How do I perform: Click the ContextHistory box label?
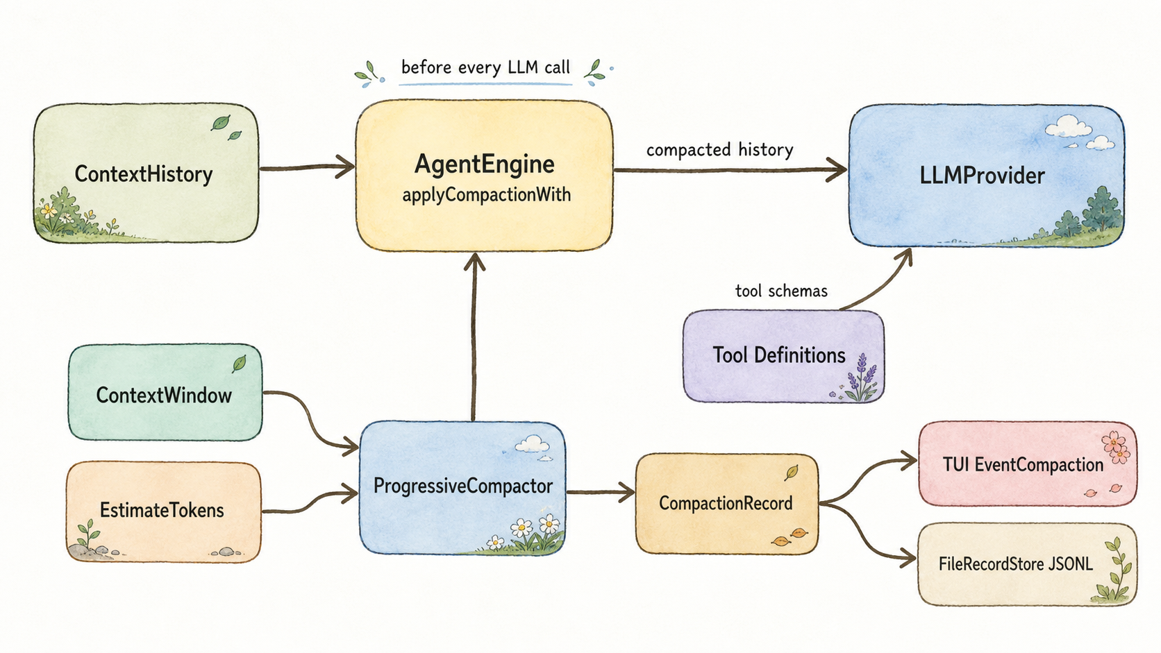pos(144,174)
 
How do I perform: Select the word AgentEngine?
pos(485,164)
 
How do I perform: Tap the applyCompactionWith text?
pos(486,195)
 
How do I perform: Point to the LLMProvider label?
pos(982,176)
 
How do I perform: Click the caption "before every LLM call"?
pos(485,68)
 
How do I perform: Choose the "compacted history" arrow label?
pos(719,150)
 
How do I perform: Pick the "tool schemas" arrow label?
pos(781,291)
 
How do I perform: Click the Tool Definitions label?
pos(779,355)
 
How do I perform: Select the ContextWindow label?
pos(164,396)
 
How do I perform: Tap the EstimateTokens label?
pos(162,511)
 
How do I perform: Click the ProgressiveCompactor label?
pos(463,486)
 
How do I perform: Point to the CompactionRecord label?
pos(726,503)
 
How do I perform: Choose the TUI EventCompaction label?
pos(1023,464)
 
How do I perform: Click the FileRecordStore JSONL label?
pos(1015,563)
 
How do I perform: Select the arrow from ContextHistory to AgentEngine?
pos(307,167)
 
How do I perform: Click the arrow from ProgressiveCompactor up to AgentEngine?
pos(474,337)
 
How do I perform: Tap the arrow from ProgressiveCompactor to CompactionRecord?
pos(601,491)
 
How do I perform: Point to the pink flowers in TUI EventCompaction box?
pos(1114,447)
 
